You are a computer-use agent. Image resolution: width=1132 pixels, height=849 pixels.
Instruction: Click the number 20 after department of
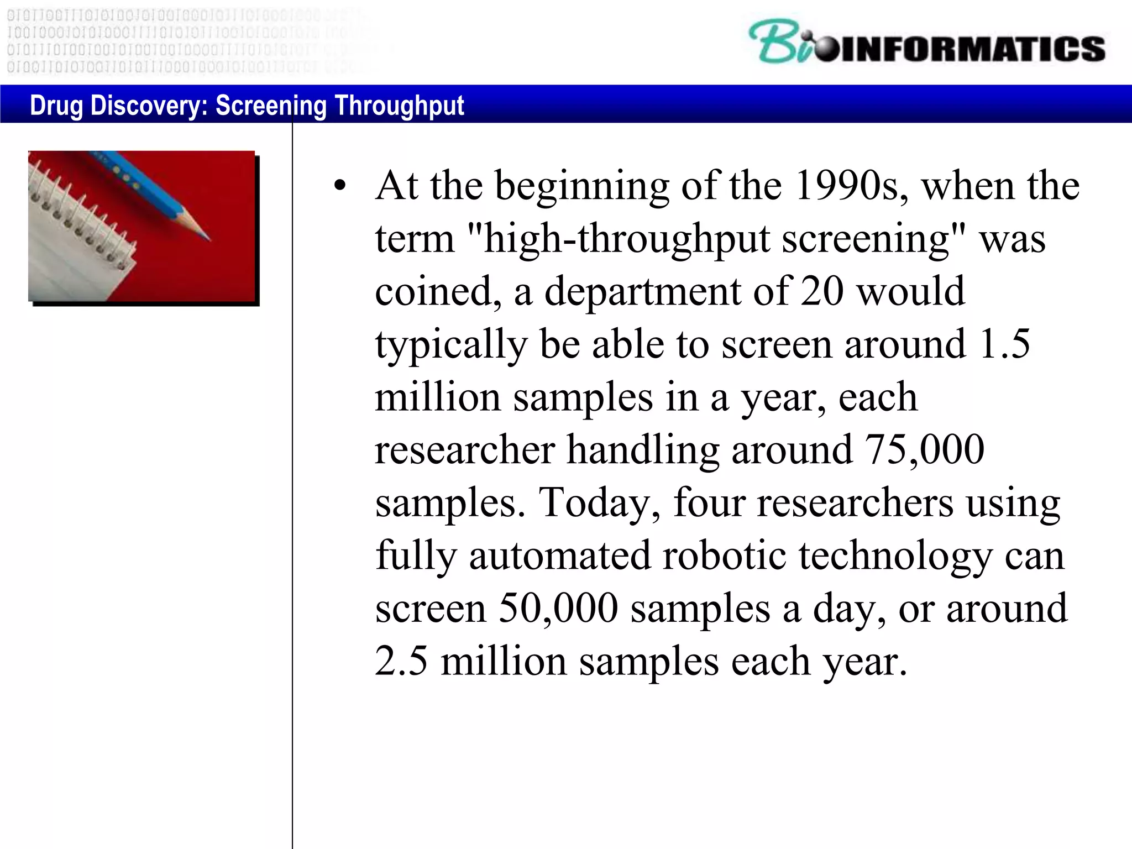(821, 291)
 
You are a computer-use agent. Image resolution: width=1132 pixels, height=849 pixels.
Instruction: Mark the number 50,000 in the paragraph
(558, 608)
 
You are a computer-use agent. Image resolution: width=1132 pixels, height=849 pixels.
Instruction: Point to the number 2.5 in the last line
(401, 661)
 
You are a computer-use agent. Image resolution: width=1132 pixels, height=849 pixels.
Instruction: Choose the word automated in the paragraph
(559, 555)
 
